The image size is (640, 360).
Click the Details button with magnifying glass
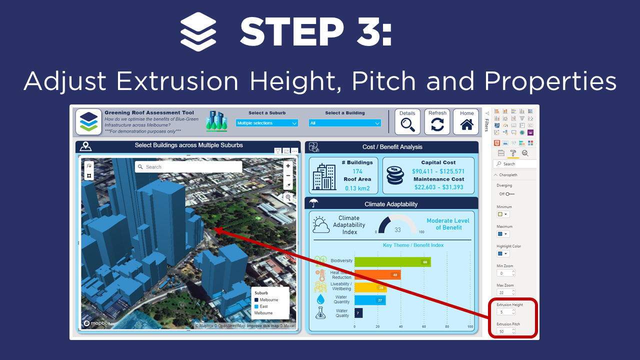(x=407, y=122)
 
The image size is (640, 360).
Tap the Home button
(x=466, y=122)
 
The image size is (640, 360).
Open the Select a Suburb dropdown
(x=267, y=123)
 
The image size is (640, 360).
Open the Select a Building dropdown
(x=345, y=123)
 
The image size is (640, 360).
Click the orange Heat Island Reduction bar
(x=377, y=274)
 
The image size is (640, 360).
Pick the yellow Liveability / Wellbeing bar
(x=370, y=287)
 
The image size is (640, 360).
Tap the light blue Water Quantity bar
(x=370, y=300)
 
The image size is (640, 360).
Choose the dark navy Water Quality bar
(x=358, y=313)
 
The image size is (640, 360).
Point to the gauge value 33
(x=397, y=230)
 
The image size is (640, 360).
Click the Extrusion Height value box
(x=505, y=312)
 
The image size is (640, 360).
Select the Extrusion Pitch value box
(x=505, y=331)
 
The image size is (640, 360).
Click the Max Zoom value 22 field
(x=505, y=292)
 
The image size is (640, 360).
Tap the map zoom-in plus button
(x=288, y=166)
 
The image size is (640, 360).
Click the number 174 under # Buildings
(x=357, y=171)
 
